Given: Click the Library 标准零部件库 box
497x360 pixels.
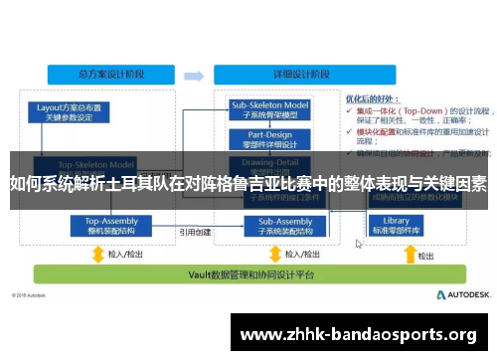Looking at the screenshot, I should tap(396, 226).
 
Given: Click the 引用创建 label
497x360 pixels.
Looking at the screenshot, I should tap(195, 232).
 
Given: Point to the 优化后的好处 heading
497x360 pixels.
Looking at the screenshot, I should tap(372, 99).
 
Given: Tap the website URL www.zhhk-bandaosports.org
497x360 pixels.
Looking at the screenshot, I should tap(359, 334).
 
